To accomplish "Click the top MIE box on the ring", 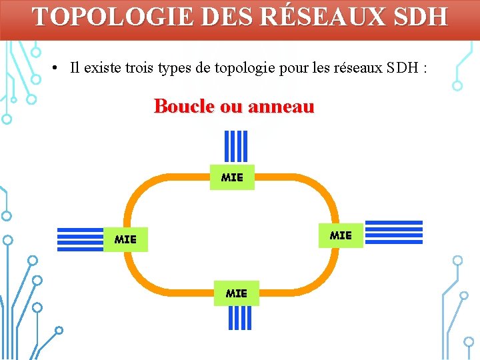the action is pos(232,177).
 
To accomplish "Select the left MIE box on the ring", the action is pos(125,238).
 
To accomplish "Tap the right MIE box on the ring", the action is pos(341,235).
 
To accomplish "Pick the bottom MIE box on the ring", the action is pos(236,293).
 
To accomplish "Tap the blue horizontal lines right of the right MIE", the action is pos(394,232).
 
